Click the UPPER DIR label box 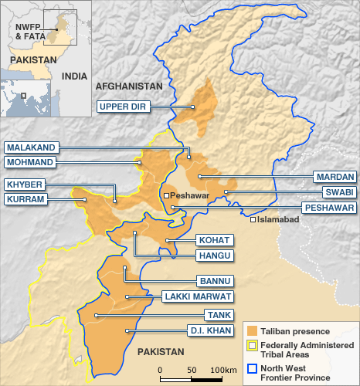coord(123,107)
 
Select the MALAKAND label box coord(31,147)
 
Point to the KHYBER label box coord(25,185)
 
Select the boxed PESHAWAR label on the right coord(328,208)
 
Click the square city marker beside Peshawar coord(166,196)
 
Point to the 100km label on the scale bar coord(224,371)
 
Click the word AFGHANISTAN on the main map coord(128,86)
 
